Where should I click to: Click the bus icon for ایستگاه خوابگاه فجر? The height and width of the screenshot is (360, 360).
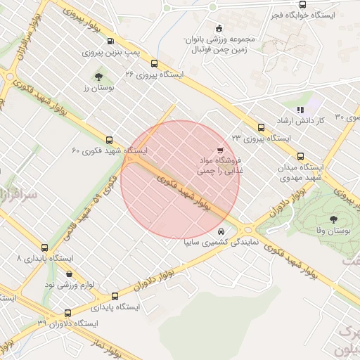point(302,4)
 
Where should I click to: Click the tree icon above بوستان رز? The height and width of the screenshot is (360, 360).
point(98,77)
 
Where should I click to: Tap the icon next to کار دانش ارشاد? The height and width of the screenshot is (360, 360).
point(300,110)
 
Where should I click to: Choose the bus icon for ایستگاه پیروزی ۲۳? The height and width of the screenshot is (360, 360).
point(262,127)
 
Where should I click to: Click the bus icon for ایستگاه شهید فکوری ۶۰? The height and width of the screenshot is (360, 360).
point(109,140)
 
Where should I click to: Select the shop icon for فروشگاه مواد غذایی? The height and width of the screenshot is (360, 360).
point(220,150)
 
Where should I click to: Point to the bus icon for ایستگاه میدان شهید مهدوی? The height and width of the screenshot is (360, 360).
point(301,156)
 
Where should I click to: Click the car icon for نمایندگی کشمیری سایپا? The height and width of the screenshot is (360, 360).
point(221,231)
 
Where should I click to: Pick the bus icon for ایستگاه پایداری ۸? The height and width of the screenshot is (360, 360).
point(45,247)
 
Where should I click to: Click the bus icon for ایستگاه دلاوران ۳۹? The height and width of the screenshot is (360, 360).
point(67,313)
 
